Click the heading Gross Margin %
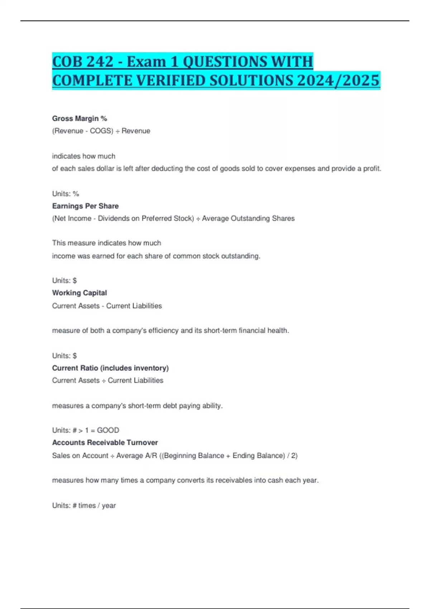pyautogui.click(x=80, y=119)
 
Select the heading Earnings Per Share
pyautogui.click(x=85, y=206)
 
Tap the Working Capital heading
pyautogui.click(x=80, y=293)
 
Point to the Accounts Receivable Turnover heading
pyautogui.click(x=105, y=442)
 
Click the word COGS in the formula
pyautogui.click(x=101, y=131)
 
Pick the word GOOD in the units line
pyautogui.click(x=108, y=430)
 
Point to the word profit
pyautogui.click(x=372, y=168)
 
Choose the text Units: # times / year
pyautogui.click(x=84, y=505)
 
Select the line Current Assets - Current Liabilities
pyautogui.click(x=107, y=306)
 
